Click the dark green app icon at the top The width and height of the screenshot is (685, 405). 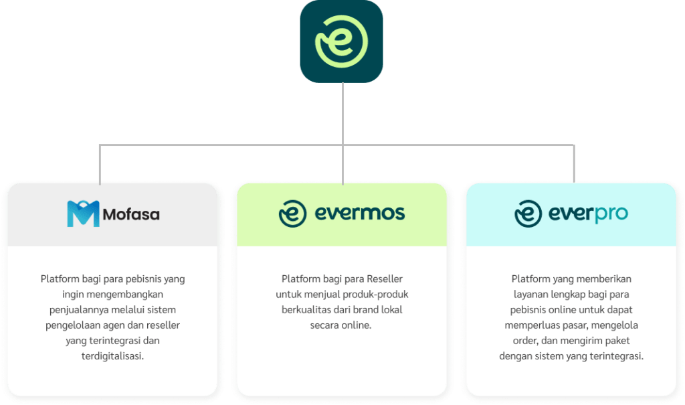(341, 42)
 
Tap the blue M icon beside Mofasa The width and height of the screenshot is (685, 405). (83, 214)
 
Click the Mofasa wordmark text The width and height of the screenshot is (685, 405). (132, 215)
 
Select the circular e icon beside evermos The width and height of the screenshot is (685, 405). (292, 214)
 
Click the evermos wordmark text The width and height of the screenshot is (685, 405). (360, 214)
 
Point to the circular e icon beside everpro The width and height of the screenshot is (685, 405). (528, 214)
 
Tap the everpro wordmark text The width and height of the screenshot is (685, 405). (589, 214)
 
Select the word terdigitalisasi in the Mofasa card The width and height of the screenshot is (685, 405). (112, 356)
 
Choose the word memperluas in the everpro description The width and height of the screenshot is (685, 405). (528, 325)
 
